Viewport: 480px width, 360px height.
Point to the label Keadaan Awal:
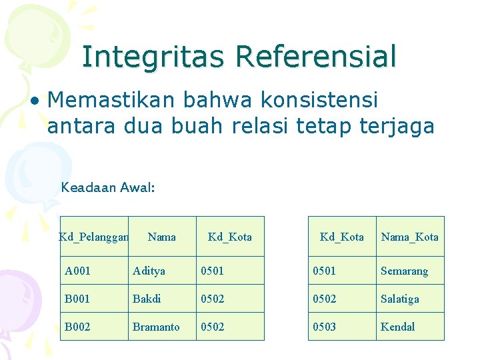point(108,187)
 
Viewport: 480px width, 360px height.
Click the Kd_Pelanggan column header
point(93,237)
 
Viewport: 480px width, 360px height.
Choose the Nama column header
point(162,237)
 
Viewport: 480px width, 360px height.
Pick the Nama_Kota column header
point(409,237)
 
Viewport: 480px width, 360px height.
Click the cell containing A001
point(94,271)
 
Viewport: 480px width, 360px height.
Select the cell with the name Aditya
point(162,271)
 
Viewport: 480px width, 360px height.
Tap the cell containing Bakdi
point(162,299)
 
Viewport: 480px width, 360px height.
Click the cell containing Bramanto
point(162,327)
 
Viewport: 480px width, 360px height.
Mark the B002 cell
point(94,327)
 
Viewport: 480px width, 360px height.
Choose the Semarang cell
point(409,271)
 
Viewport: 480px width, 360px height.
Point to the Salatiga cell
point(409,299)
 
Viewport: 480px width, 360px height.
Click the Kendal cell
point(409,327)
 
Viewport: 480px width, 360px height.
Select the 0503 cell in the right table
point(342,327)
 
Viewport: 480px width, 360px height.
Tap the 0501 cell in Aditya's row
point(230,271)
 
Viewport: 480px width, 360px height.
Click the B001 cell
point(94,299)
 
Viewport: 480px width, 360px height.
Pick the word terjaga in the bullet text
point(398,126)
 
